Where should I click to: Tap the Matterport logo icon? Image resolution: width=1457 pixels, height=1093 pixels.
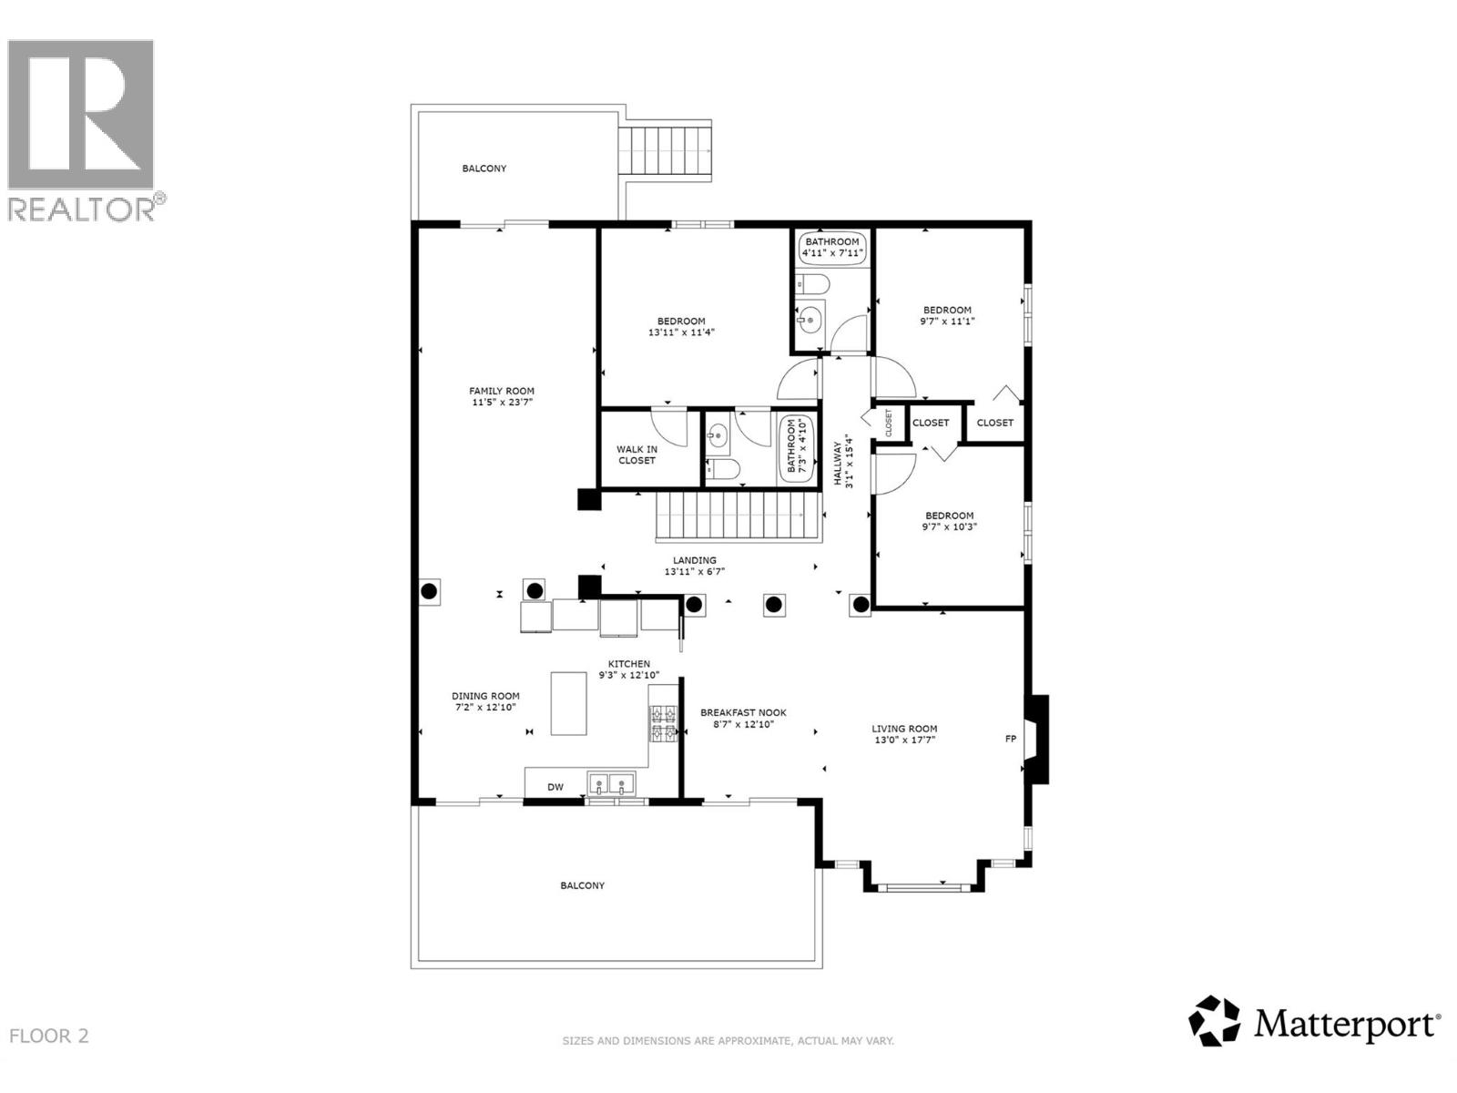pos(1215,1021)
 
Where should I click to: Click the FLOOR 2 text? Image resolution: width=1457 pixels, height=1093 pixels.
pos(49,1036)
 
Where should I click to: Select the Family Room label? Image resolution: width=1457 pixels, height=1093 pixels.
pos(502,392)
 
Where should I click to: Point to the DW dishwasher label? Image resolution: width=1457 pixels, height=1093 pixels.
pos(555,787)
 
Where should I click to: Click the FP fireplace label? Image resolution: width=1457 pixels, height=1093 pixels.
pos(1010,739)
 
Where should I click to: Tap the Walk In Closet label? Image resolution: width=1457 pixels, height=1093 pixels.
pos(637,455)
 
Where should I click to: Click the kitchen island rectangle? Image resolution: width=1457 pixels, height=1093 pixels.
pos(569,703)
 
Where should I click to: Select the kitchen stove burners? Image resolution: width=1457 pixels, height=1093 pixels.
pos(663,723)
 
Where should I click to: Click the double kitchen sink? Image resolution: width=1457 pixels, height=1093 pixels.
pos(611,783)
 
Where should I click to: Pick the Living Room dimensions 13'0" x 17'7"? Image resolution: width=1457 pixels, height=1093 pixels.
pos(904,741)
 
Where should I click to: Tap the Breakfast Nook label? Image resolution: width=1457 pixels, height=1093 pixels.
pos(743,713)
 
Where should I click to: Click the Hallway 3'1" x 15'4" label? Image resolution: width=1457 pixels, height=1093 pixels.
pos(843,465)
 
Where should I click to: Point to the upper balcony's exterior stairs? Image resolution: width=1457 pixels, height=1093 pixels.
pos(665,154)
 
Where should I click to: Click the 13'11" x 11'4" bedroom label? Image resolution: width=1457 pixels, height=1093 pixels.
pos(681,327)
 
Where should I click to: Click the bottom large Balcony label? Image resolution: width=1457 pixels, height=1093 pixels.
pos(582,885)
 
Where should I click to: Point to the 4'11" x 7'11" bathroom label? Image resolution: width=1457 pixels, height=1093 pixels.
pos(831,248)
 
